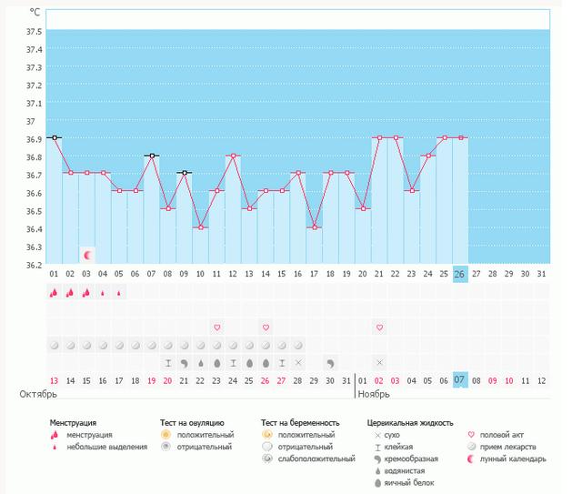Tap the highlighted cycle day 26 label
click(460, 274)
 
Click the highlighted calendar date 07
click(460, 380)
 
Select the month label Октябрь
click(39, 395)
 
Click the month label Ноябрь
click(373, 395)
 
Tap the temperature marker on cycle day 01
click(55, 137)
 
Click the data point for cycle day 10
click(201, 227)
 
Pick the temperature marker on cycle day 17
click(315, 227)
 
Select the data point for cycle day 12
click(234, 156)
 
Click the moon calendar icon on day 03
click(87, 255)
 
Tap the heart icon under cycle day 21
click(379, 327)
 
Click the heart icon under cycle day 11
click(217, 327)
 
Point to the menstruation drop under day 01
click(55, 293)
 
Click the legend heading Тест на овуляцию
click(192, 423)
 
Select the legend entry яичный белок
click(404, 482)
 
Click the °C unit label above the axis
click(35, 13)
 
